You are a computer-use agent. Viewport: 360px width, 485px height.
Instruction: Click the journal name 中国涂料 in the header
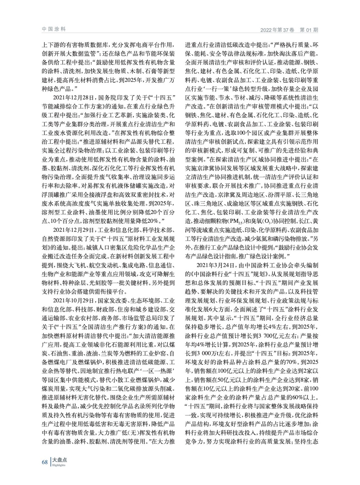(54, 29)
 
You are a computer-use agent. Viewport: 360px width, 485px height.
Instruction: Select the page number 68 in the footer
(45, 462)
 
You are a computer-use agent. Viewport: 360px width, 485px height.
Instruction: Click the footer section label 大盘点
(60, 460)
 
